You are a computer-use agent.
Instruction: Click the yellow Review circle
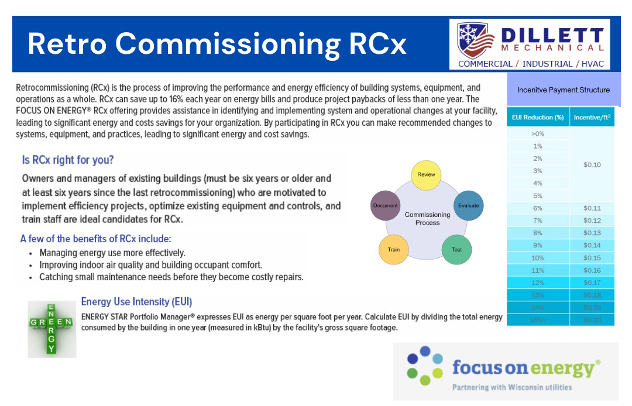pos(426,174)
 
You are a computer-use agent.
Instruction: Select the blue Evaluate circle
pos(469,205)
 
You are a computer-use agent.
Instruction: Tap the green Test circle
pos(456,250)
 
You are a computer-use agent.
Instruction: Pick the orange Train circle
pos(394,250)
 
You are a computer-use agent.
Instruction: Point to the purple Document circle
pos(385,205)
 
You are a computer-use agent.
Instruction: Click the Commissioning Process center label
pos(427,219)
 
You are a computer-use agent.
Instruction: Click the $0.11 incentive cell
pos(592,208)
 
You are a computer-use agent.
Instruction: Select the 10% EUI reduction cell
pos(537,258)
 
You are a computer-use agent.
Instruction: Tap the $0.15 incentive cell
pos(592,258)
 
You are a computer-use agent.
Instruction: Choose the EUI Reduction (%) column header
pos(538,118)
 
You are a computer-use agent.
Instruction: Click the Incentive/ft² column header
pos(592,118)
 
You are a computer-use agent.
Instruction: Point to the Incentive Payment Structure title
pos(563,90)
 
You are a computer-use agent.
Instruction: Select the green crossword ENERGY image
pos(51,328)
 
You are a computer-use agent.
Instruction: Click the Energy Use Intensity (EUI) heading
pos(136,302)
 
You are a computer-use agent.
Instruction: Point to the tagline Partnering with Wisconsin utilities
pos(511,387)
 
